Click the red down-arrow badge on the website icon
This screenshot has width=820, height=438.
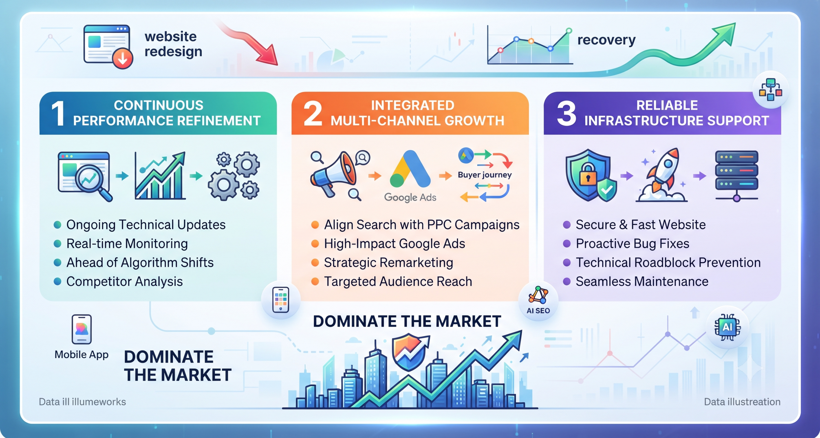[x=123, y=59]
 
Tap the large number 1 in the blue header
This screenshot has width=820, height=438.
[x=58, y=113]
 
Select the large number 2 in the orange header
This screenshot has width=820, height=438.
[x=313, y=113]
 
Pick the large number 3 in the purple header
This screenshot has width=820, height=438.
[x=566, y=113]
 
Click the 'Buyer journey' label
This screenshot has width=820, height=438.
[x=485, y=175]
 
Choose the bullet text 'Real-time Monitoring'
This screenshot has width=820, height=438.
[x=127, y=244]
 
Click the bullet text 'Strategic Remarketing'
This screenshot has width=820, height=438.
[x=389, y=263]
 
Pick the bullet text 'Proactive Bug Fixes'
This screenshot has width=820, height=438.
[x=632, y=244]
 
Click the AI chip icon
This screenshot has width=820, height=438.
[x=727, y=327]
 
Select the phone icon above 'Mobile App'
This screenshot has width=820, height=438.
[x=82, y=329]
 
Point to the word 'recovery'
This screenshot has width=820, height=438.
[x=606, y=40]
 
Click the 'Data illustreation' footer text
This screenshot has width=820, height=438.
[x=742, y=402]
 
